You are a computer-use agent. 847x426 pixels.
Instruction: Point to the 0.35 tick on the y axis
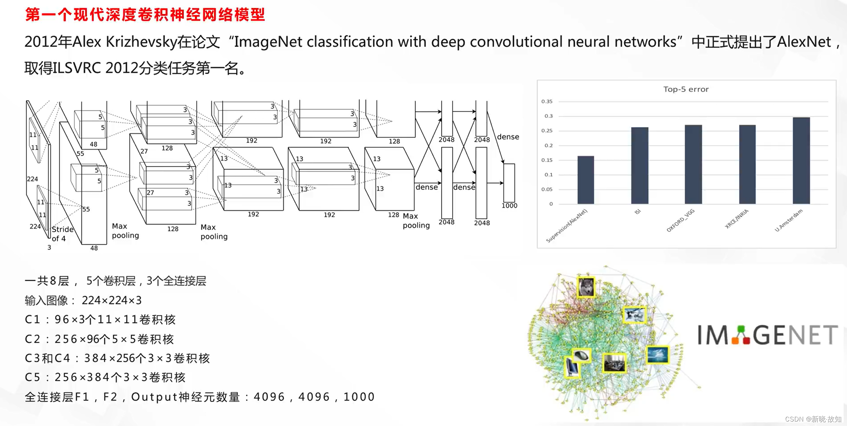pos(547,101)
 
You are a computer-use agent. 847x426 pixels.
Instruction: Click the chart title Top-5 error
pos(686,89)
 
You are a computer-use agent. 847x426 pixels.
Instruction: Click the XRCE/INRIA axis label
pos(736,219)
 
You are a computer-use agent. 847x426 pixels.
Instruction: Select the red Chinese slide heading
pos(145,15)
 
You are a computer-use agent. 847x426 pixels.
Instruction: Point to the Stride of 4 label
pos(62,234)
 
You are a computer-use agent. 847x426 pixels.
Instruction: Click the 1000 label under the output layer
pos(509,206)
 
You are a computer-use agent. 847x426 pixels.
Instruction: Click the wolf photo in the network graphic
pos(586,287)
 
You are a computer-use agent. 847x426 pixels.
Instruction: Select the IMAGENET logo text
pos(767,335)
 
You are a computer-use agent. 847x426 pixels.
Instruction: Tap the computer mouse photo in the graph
pos(581,356)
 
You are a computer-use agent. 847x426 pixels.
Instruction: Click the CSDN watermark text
pos(813,419)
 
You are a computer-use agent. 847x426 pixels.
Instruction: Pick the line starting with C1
pos(100,319)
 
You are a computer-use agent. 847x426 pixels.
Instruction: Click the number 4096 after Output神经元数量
pos(269,397)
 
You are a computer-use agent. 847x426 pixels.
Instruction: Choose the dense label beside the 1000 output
pos(508,137)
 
